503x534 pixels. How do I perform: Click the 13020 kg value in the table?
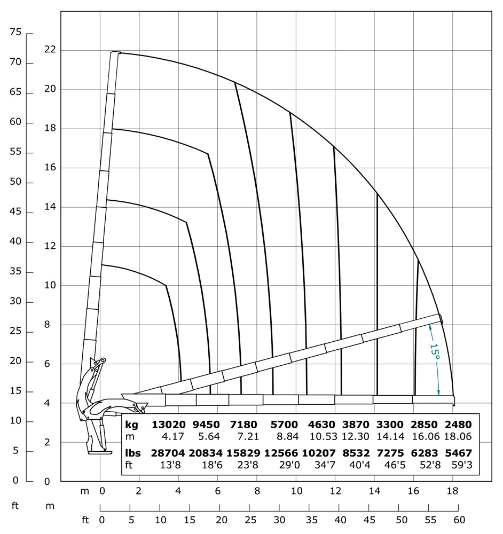(169, 425)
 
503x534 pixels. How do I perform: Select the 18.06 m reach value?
(458, 436)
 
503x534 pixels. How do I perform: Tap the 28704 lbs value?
(169, 453)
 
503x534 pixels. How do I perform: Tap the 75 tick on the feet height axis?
(15, 33)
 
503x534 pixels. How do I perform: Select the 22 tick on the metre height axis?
(50, 50)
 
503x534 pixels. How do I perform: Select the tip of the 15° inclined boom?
(441, 318)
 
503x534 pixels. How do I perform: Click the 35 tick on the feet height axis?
(15, 271)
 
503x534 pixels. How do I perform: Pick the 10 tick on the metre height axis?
(50, 285)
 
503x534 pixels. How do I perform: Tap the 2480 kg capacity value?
(458, 425)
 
